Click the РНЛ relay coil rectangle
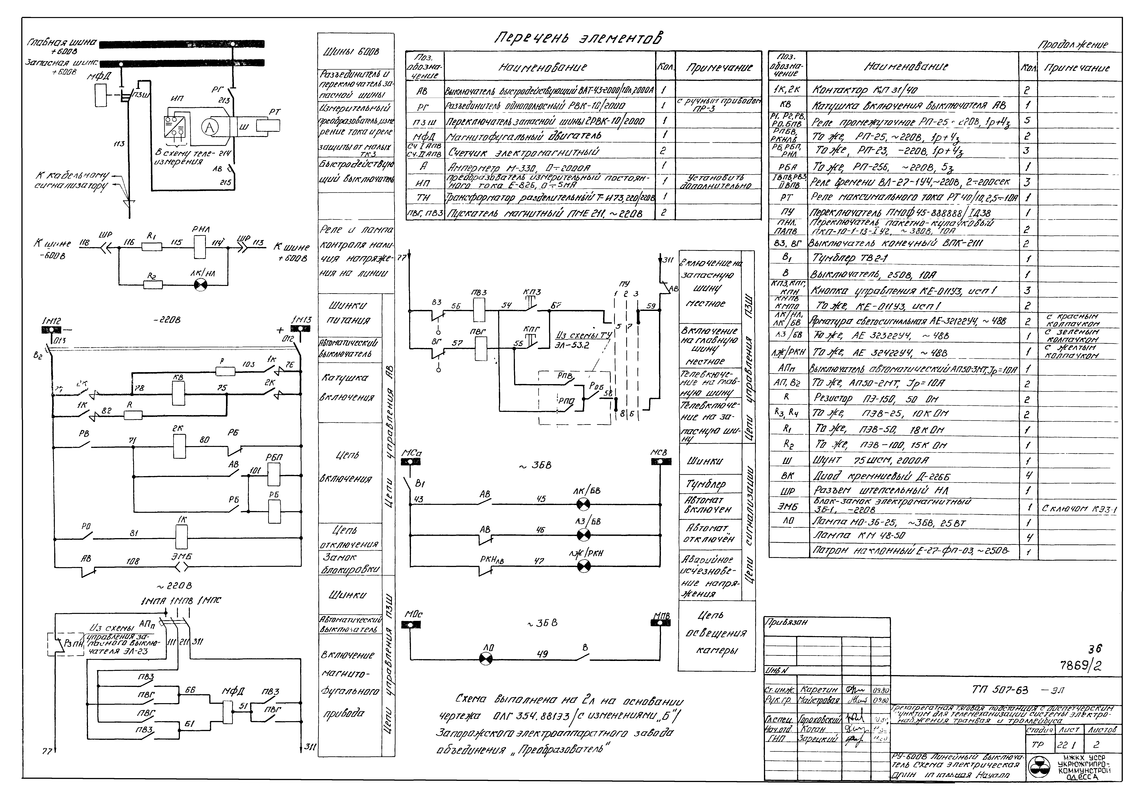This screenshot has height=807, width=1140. (x=200, y=246)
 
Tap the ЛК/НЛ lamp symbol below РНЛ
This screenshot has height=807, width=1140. (x=200, y=285)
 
